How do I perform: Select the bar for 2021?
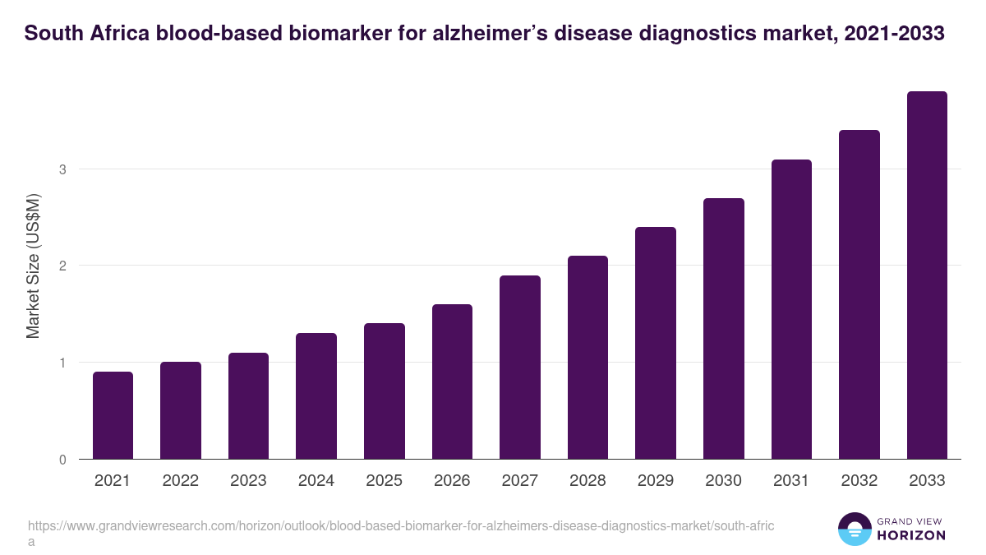[x=113, y=415]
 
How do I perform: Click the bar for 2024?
[x=316, y=396]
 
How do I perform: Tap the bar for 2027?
[x=520, y=368]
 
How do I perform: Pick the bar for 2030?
[x=724, y=329]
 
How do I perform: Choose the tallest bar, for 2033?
[x=927, y=275]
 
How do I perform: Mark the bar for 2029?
[x=656, y=343]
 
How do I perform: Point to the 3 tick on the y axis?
[x=62, y=169]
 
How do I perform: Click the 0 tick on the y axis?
[x=62, y=460]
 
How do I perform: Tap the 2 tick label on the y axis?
[x=62, y=266]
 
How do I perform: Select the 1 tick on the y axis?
[x=62, y=363]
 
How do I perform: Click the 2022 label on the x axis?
[x=181, y=481]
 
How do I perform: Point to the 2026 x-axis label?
[x=452, y=481]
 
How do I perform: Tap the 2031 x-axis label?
[x=791, y=481]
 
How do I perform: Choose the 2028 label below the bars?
[x=587, y=481]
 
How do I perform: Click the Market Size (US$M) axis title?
[x=33, y=266]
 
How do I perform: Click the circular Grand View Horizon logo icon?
[x=855, y=529]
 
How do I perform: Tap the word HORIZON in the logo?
[x=912, y=535]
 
